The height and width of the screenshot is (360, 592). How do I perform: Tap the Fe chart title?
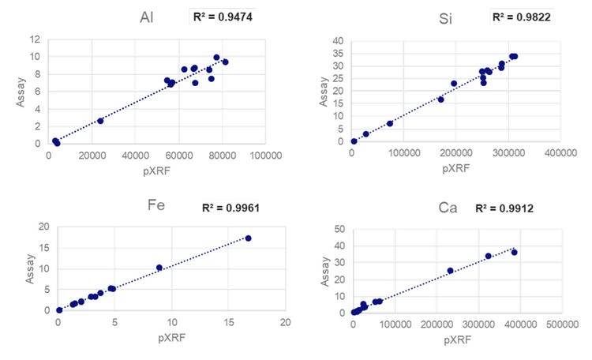[156, 207]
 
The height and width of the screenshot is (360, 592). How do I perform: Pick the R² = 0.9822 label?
[521, 16]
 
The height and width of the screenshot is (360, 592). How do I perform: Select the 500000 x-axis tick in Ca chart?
[563, 324]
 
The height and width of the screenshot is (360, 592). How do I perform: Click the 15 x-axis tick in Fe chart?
[228, 322]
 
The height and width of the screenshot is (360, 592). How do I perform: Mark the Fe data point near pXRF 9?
[159, 268]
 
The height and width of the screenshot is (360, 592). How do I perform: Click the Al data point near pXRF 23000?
[100, 121]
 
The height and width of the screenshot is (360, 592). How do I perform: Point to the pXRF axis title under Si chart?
[455, 167]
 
